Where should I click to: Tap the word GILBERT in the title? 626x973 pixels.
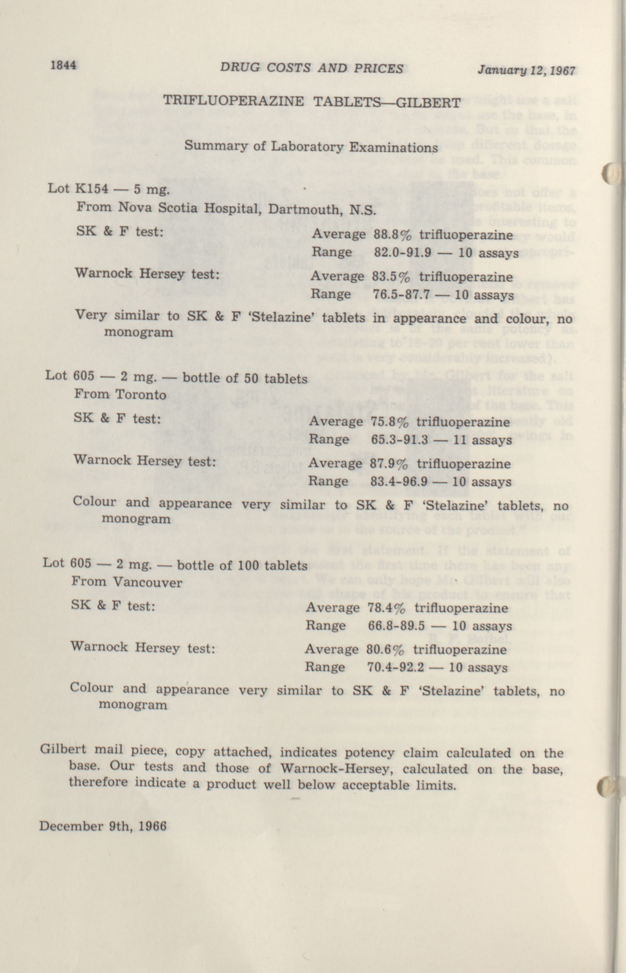point(428,103)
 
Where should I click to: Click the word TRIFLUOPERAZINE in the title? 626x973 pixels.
point(233,100)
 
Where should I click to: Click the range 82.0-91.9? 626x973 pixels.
point(402,253)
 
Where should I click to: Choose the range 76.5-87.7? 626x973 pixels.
point(401,295)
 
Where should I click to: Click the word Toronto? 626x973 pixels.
point(141,395)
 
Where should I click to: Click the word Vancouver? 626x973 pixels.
point(147,583)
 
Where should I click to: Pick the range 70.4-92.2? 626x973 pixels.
point(396,667)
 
